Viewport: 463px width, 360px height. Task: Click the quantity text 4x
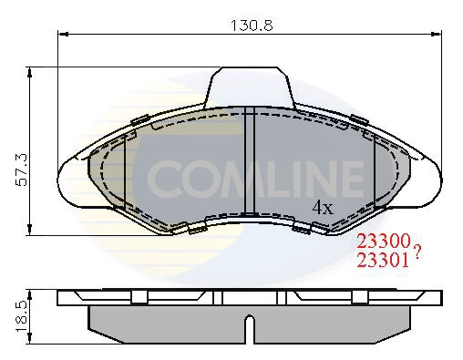[x=323, y=207]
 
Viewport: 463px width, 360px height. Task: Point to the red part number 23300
[x=383, y=242]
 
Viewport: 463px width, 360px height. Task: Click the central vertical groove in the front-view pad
[x=252, y=164]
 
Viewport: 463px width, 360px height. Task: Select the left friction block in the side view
[x=164, y=318]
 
